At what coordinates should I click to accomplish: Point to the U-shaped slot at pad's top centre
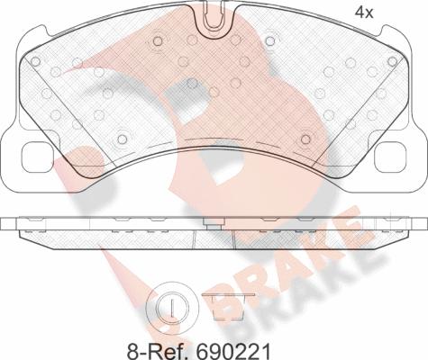point(214,13)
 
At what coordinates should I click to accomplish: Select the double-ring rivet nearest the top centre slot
point(159,41)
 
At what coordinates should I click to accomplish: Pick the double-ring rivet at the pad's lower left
point(120,139)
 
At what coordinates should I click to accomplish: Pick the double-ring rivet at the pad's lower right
point(307,139)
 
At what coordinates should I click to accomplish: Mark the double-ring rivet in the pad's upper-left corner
point(36,61)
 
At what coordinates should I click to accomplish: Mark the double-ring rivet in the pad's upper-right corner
point(393,61)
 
